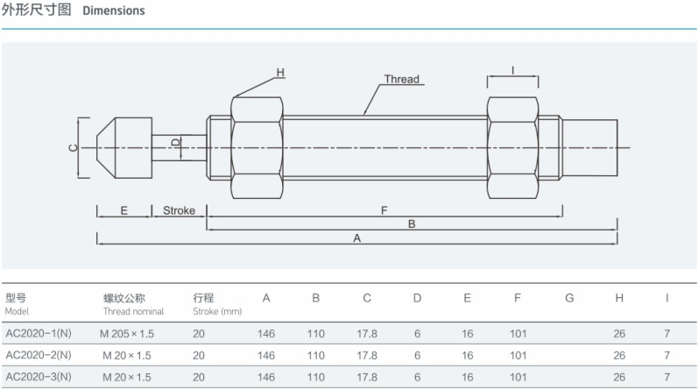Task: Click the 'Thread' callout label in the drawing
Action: [402, 80]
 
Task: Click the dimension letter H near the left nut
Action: [281, 72]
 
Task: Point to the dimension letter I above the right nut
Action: [511, 70]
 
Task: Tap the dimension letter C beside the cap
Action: [73, 147]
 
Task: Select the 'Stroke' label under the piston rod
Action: [178, 211]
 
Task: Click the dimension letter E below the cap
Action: [123, 211]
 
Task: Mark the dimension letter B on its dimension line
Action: [411, 224]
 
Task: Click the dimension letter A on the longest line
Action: [356, 238]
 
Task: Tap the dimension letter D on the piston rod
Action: [174, 142]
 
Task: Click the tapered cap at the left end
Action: [123, 146]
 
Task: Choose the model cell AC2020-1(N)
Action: [39, 333]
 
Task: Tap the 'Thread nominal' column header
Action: [130, 311]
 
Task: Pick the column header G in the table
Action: [568, 299]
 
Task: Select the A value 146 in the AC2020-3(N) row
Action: [266, 378]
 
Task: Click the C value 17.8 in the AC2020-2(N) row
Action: [368, 355]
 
